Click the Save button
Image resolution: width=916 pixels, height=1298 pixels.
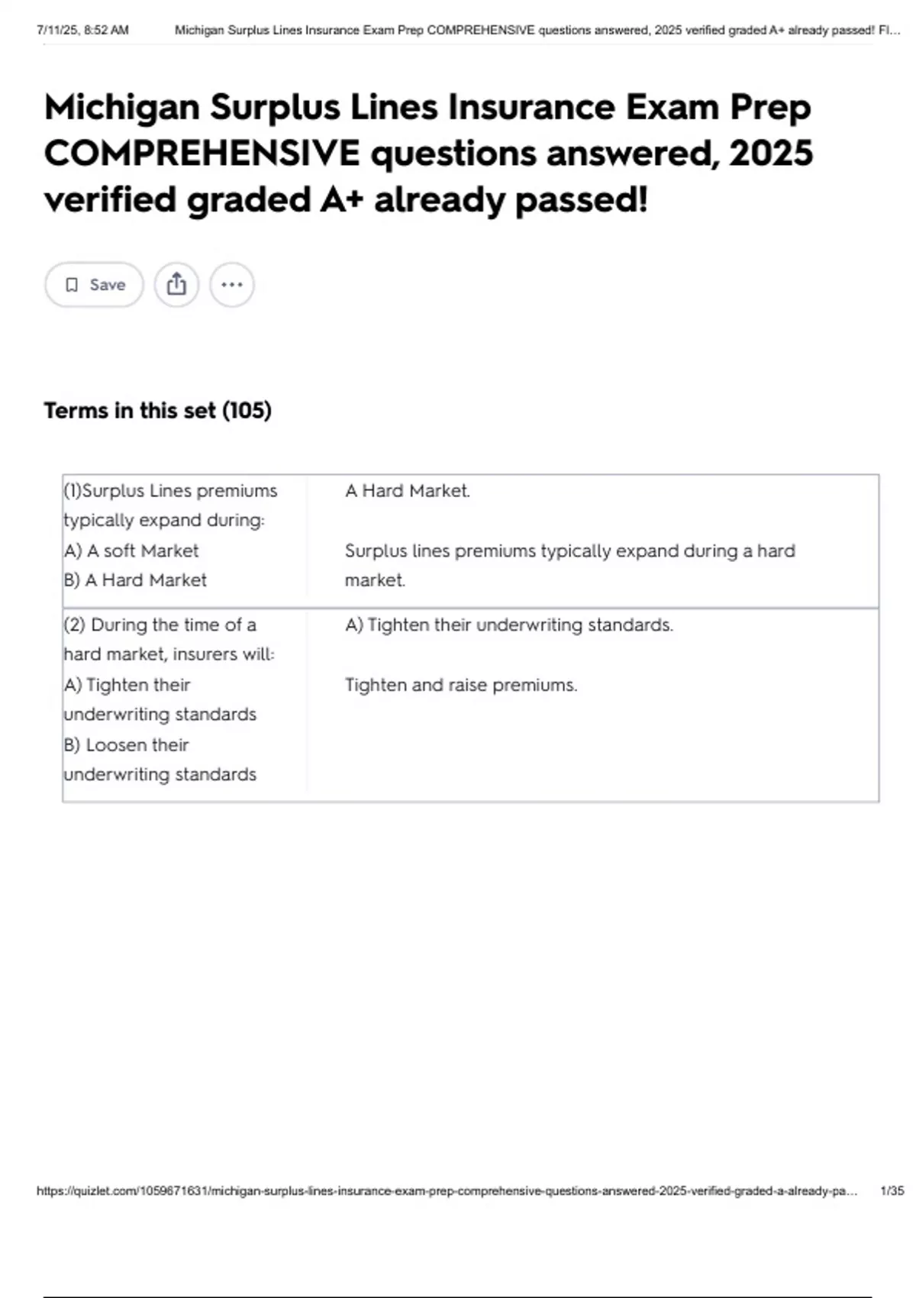[94, 285]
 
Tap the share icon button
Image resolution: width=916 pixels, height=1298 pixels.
[176, 285]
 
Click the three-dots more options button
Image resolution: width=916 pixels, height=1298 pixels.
[231, 285]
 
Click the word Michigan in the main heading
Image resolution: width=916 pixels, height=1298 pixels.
[121, 108]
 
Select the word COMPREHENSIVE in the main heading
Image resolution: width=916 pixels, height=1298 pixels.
[202, 153]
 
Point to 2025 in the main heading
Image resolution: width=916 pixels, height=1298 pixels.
[770, 153]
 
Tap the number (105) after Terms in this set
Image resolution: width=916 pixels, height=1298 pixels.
[247, 411]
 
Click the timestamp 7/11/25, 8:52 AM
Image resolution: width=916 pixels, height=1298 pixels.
[82, 31]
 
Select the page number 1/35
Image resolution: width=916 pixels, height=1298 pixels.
[892, 1191]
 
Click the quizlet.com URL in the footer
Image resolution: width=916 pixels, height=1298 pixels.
[447, 1191]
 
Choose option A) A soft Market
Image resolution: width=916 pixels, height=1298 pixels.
[131, 551]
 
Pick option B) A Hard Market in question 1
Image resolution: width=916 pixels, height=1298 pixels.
[135, 580]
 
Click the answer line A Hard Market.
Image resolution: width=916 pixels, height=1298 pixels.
[407, 491]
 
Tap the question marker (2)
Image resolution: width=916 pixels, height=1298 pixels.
[74, 625]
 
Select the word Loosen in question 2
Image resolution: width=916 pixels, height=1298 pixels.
[114, 745]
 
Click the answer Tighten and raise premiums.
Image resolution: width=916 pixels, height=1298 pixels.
[460, 685]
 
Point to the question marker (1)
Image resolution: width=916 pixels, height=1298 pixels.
[73, 491]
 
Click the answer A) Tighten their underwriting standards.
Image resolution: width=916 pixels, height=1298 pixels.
[508, 625]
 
